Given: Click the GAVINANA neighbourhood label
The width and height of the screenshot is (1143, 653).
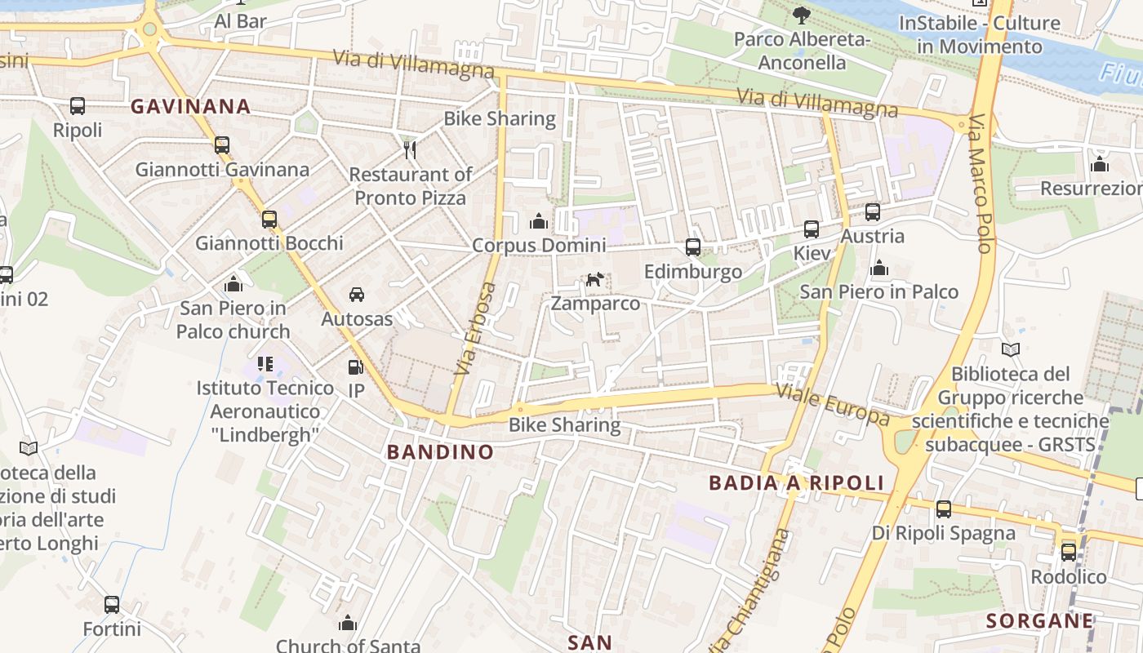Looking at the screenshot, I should [190, 106].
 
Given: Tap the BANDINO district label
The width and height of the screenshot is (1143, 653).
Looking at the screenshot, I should [440, 452].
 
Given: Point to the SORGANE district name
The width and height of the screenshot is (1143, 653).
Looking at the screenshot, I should [1039, 621].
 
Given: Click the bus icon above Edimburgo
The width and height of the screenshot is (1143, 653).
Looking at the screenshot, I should [692, 247].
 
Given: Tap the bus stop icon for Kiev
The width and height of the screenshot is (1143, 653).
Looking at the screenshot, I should [811, 229].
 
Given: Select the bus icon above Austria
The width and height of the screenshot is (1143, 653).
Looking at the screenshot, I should [872, 212].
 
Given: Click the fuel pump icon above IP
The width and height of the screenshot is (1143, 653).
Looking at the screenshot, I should [355, 368].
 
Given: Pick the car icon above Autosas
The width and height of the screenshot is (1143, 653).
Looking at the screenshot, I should [357, 295].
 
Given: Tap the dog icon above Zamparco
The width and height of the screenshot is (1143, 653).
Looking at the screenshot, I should [594, 280].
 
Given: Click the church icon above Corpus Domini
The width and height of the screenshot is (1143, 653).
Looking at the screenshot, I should [538, 221].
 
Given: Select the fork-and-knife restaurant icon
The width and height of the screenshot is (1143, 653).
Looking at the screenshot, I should [410, 150].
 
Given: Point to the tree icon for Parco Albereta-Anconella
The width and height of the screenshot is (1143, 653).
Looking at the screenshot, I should [802, 15].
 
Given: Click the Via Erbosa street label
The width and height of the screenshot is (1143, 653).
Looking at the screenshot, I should [476, 329].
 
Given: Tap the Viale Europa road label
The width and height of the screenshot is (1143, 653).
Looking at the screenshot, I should [832, 403].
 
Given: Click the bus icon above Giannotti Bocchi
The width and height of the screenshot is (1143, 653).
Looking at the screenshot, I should [269, 219].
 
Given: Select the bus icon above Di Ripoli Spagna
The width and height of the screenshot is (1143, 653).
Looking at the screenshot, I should [943, 509].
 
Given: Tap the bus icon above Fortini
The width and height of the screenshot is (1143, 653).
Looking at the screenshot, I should [112, 605].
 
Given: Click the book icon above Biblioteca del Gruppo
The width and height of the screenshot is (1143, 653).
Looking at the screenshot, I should [1011, 350].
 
